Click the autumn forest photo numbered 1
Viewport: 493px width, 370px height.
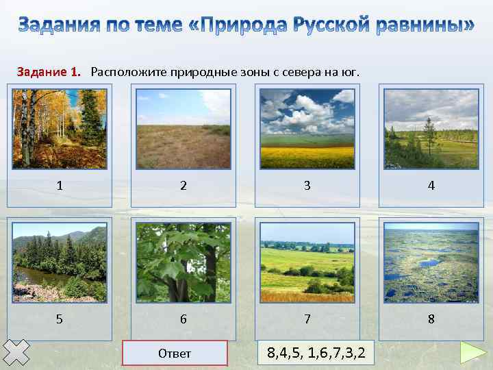[x=60, y=129]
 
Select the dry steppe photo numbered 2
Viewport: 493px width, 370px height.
[x=184, y=129]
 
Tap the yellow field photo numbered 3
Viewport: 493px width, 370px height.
[x=307, y=129]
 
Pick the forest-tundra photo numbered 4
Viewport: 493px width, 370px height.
[x=431, y=129]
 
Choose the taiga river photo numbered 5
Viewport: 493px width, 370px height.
[x=60, y=262]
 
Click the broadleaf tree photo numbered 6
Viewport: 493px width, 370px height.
[x=184, y=262]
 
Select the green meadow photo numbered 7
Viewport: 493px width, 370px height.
[x=307, y=262]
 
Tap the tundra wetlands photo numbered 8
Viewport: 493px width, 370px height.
[x=431, y=262]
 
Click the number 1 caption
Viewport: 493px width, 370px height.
[x=60, y=185]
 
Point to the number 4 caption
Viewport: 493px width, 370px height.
[x=431, y=185]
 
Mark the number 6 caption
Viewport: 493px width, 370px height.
[x=184, y=319]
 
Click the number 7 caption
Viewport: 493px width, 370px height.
[x=307, y=319]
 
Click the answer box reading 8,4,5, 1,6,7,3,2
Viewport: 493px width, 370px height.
[x=316, y=354]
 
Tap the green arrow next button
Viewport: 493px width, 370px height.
[x=472, y=353]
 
